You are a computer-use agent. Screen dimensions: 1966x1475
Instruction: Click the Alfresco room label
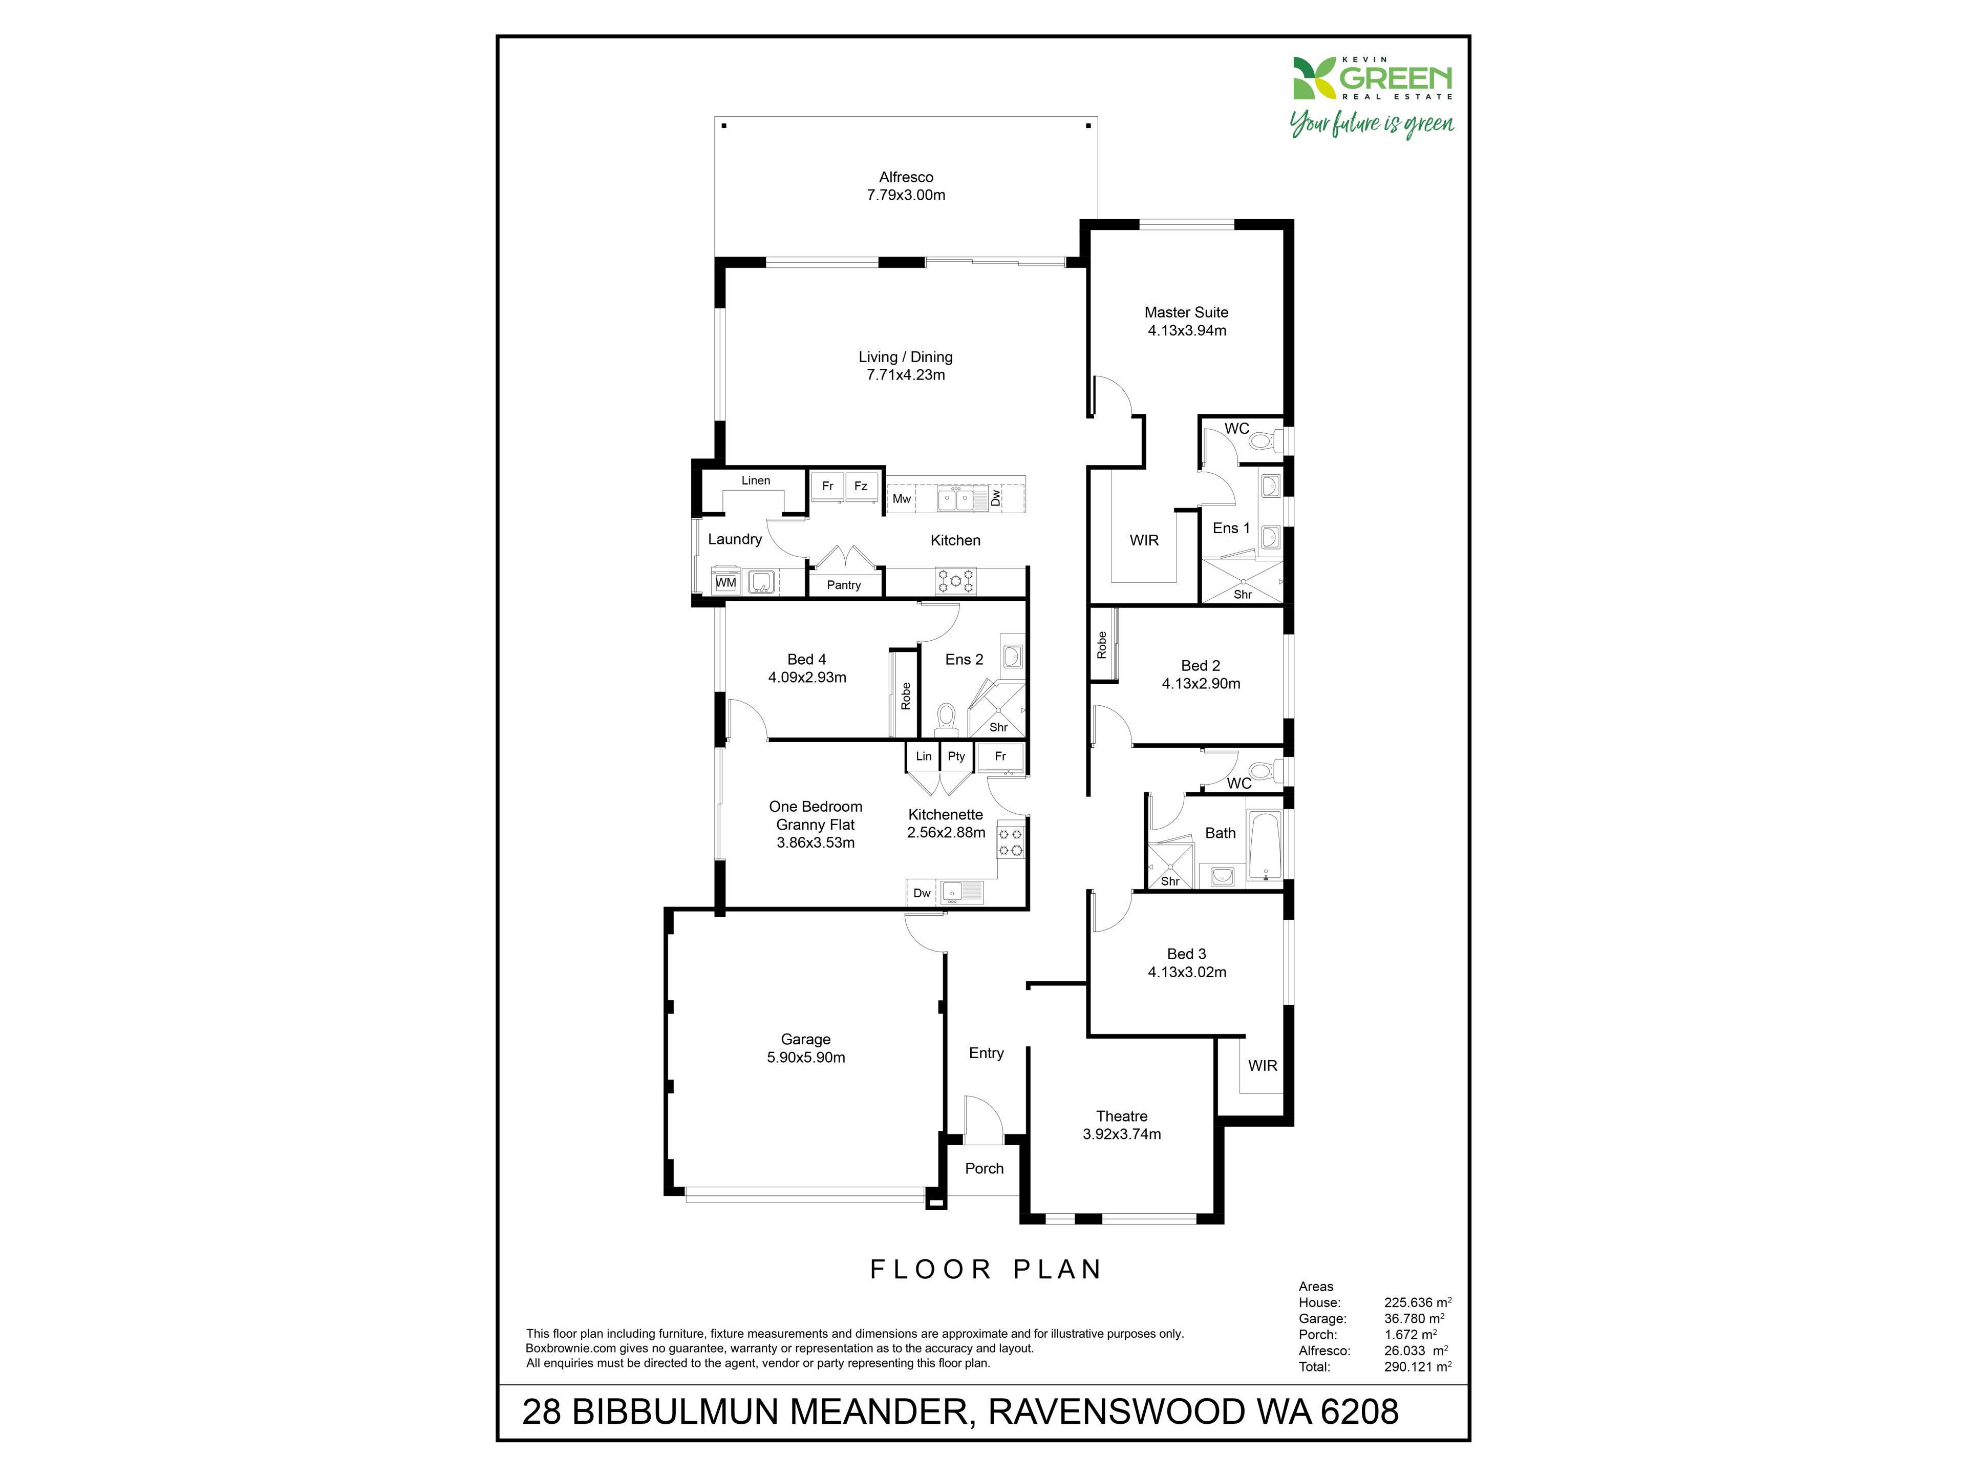[906, 177]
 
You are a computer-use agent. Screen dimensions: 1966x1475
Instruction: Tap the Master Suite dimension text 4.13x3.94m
[1187, 331]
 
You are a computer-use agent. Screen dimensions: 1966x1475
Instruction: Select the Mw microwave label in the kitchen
[901, 499]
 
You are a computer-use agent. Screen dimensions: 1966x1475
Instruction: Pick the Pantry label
[843, 585]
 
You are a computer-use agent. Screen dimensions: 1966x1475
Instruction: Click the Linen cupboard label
[756, 480]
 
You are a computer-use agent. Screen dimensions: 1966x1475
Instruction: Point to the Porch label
[984, 1168]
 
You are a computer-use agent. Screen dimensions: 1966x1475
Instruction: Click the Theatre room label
[1122, 1116]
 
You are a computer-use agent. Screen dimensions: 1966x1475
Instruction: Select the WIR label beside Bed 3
[1262, 1065]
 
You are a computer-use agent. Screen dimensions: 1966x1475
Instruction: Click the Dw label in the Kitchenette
[922, 893]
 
